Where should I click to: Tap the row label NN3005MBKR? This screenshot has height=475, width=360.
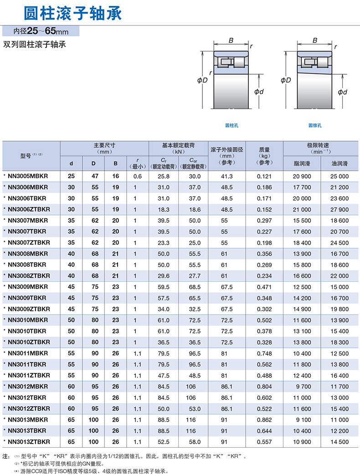coord(28,176)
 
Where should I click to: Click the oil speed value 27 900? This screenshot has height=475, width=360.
coord(339,209)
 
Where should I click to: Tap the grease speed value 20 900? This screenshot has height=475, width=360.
coord(302,176)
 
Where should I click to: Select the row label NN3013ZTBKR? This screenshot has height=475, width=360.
coord(29,442)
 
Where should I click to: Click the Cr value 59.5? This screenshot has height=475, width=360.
coord(163,287)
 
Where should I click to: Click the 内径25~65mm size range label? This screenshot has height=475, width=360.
coord(41,32)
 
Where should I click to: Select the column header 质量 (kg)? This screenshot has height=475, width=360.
coord(264,155)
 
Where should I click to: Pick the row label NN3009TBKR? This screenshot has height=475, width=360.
coord(27,298)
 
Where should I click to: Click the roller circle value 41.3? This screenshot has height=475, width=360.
coord(226,176)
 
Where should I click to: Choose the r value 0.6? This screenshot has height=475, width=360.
coord(138,176)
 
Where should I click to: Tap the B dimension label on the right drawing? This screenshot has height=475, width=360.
coord(315,41)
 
